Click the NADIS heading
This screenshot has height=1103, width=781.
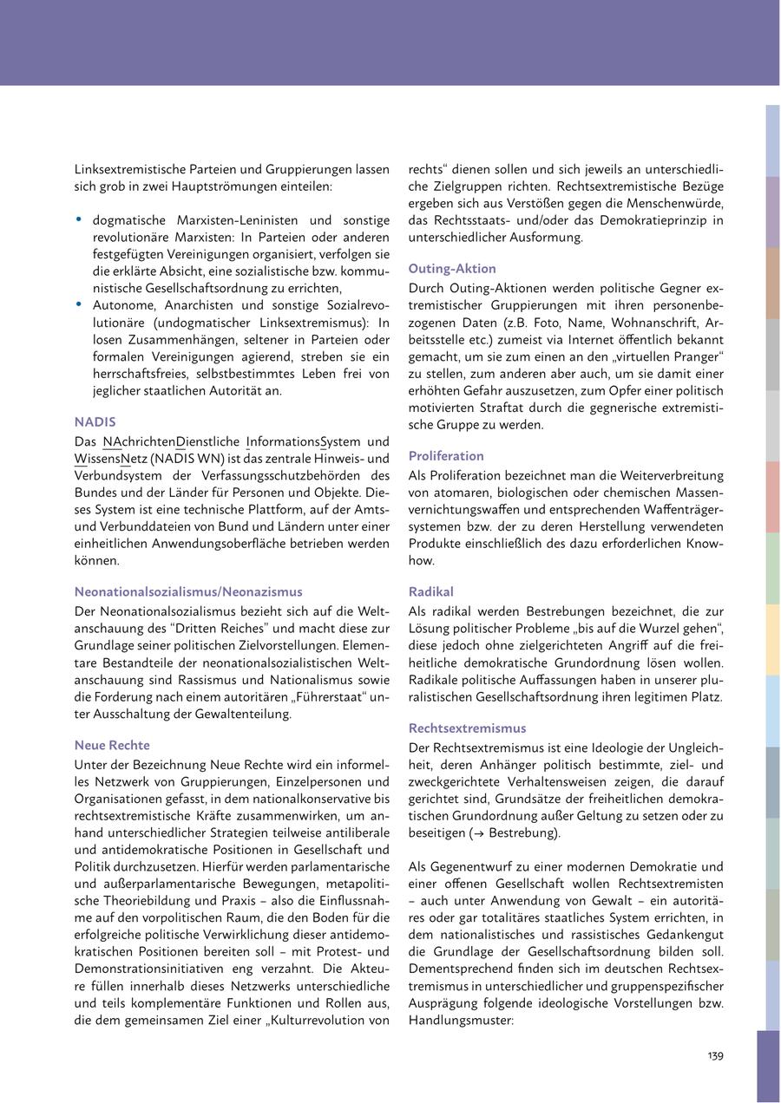(95, 422)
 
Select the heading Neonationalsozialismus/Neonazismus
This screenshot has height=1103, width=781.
(188, 591)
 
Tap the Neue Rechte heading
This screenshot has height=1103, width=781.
(112, 745)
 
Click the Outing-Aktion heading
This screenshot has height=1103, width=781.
(452, 269)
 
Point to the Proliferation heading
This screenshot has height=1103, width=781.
(446, 456)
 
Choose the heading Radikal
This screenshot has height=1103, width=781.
(430, 591)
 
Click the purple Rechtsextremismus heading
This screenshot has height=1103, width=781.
(467, 728)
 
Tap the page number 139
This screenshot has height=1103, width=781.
(715, 1055)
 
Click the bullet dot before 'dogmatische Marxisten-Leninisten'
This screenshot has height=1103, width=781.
(79, 220)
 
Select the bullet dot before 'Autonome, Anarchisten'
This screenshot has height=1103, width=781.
(79, 305)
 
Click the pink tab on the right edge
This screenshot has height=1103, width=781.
(772, 497)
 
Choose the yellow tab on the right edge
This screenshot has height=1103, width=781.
(772, 640)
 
